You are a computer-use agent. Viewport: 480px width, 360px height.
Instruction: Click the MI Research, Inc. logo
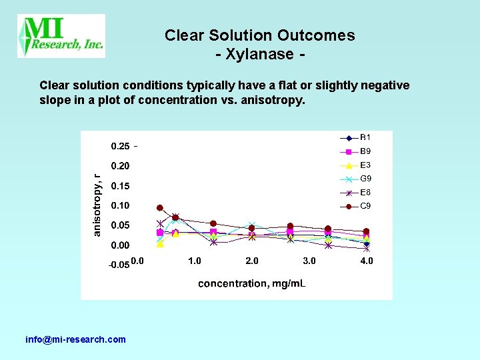[x=61, y=35]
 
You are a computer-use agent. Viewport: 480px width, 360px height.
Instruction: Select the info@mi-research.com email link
[x=75, y=339]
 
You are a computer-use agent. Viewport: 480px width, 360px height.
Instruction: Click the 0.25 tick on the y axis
[x=120, y=146]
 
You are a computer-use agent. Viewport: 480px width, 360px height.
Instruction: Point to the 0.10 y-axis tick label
[x=120, y=205]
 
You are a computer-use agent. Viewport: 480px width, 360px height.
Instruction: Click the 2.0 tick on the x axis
[x=252, y=261]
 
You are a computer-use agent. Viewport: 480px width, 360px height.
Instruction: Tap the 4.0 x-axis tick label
[x=367, y=261]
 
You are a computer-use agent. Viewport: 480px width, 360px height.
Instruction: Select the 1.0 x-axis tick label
[x=194, y=261]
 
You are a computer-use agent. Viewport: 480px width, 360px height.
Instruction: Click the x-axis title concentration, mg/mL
[x=252, y=283]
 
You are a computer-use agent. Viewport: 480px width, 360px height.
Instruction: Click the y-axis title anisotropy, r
[x=97, y=205]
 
